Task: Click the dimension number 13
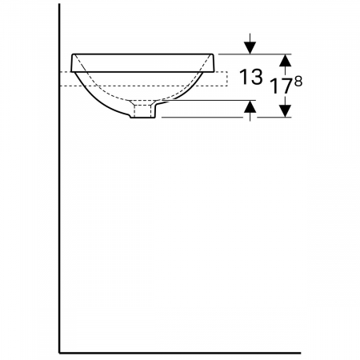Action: pyautogui.click(x=251, y=77)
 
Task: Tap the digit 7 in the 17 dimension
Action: pyautogui.click(x=284, y=86)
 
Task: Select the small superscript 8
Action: pyautogui.click(x=298, y=82)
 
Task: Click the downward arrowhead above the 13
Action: pyautogui.click(x=250, y=48)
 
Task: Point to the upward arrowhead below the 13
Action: pyautogui.click(x=250, y=106)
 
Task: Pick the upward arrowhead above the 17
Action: pyautogui.click(x=286, y=60)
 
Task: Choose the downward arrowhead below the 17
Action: pyautogui.click(x=286, y=110)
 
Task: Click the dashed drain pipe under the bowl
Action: pyautogui.click(x=144, y=111)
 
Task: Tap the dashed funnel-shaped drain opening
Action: pyautogui.click(x=144, y=102)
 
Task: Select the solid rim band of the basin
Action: pyautogui.click(x=142, y=63)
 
